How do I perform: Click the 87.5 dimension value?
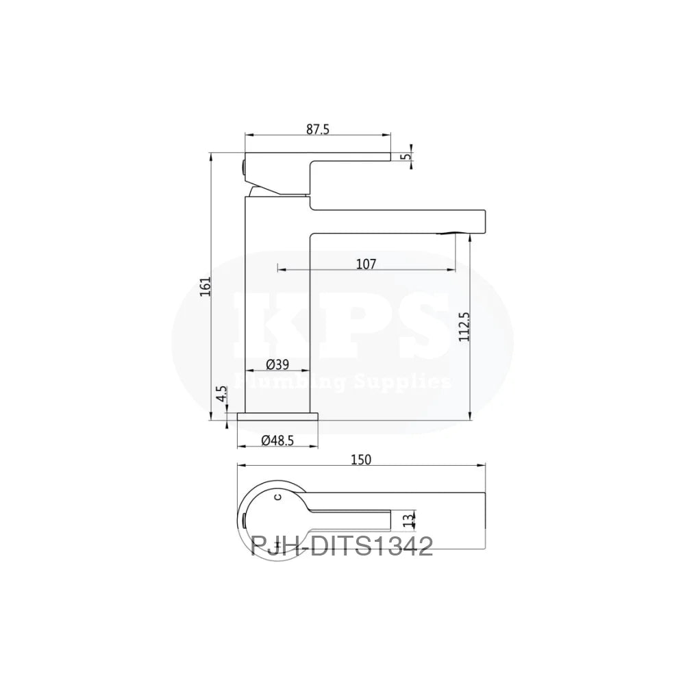tap(319, 128)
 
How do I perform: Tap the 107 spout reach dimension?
tap(366, 262)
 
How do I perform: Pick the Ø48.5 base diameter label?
tap(277, 441)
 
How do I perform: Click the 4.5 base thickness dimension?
tap(221, 396)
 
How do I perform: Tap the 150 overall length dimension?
tap(361, 460)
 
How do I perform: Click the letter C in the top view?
tap(277, 495)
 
